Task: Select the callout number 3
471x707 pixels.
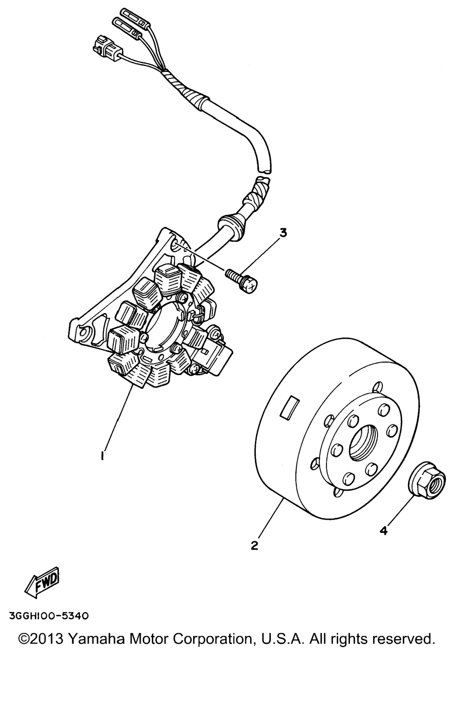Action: point(283,233)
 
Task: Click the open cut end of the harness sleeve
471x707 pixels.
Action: point(264,170)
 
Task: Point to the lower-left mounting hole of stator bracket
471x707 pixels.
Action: point(84,332)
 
